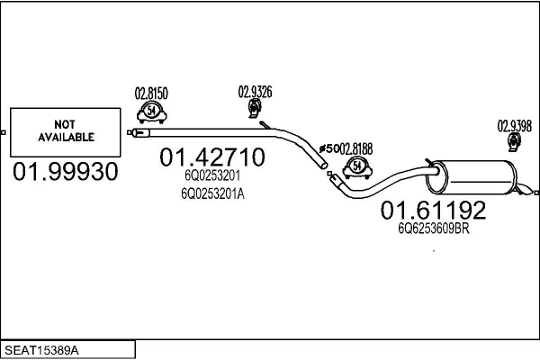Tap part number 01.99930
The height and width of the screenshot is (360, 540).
click(x=66, y=172)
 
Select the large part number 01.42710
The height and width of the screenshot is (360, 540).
click(x=212, y=157)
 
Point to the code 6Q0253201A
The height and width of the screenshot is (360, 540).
click(x=212, y=194)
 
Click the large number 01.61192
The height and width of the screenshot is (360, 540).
click(x=433, y=210)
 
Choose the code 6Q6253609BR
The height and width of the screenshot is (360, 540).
click(x=434, y=229)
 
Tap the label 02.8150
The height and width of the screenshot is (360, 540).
click(x=151, y=94)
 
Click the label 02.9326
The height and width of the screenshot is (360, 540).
click(x=256, y=92)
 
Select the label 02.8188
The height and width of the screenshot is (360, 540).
click(x=356, y=149)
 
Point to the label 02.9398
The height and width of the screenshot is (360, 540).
click(x=515, y=126)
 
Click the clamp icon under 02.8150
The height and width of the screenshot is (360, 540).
click(x=151, y=112)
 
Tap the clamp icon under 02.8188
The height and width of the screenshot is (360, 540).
click(x=357, y=167)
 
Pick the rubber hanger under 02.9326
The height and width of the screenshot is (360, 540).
click(x=255, y=108)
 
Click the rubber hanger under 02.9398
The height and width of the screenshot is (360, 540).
click(x=514, y=142)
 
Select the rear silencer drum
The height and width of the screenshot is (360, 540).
click(x=472, y=177)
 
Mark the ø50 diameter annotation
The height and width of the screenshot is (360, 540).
click(x=329, y=148)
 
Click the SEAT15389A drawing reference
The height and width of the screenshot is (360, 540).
click(x=41, y=350)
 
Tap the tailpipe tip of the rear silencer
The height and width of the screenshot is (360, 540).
click(x=526, y=191)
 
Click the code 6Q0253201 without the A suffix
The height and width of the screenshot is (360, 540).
click(x=212, y=175)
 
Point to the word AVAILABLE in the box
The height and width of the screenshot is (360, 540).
click(x=66, y=137)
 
